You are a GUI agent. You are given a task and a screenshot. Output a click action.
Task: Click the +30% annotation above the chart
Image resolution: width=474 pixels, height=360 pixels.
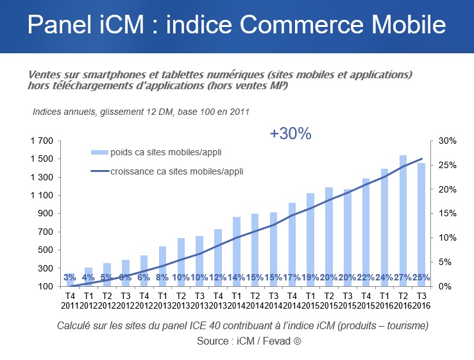(290, 133)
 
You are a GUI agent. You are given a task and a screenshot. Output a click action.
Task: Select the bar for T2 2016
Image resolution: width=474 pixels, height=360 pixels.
(403, 218)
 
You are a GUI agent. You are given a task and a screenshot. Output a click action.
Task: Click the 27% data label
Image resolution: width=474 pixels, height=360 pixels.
(403, 277)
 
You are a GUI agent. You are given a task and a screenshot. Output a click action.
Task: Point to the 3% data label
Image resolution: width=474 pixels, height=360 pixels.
(70, 277)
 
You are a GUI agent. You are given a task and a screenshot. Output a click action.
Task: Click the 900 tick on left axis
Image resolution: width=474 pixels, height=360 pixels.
(48, 214)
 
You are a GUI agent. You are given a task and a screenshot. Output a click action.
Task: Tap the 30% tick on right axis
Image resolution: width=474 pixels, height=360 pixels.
(447, 141)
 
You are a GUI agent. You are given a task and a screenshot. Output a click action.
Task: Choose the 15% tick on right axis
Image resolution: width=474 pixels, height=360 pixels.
(447, 214)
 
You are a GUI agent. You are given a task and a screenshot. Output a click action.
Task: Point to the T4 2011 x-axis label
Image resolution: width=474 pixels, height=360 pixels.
(70, 299)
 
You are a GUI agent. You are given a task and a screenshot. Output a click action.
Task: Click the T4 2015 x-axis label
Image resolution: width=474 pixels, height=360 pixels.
(366, 299)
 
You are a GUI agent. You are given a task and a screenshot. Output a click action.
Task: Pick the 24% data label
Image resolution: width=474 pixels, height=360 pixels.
(384, 277)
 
